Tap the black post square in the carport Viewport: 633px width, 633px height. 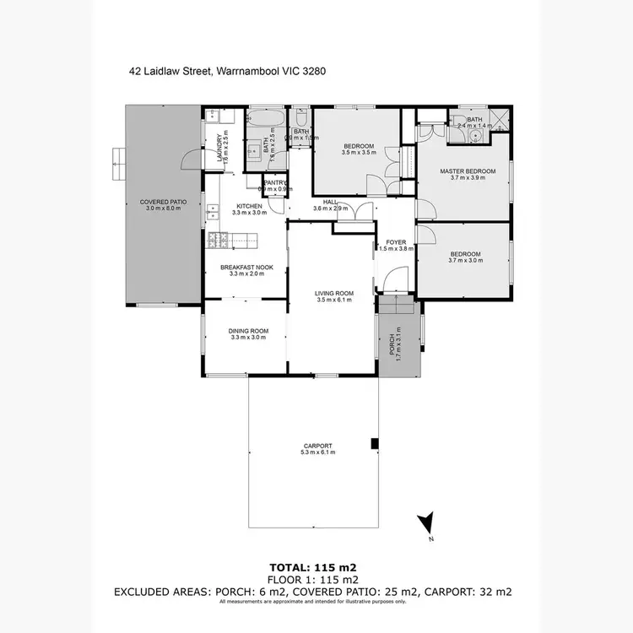(374, 444)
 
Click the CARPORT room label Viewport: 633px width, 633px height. (318, 446)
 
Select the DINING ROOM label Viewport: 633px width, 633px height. (248, 330)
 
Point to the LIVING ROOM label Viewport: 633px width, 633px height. (334, 293)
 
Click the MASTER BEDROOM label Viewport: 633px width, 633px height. (468, 171)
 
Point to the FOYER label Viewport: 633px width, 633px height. (396, 242)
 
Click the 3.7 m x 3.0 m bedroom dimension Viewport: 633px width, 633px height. (465, 262)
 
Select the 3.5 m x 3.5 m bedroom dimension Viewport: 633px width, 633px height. (358, 153)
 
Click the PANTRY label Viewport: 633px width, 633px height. (276, 182)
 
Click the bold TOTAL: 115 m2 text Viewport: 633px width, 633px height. (313, 567)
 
